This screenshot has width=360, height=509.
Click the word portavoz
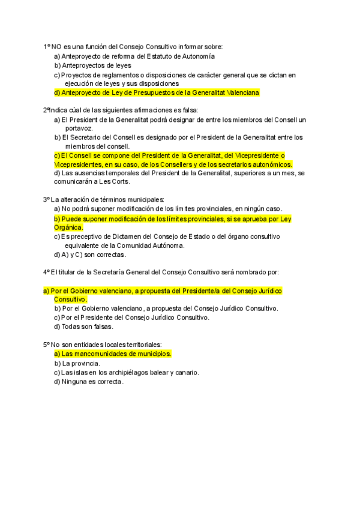pos(79,128)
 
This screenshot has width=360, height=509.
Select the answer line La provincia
pos(77,363)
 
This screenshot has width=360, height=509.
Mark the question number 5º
pos(46,345)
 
